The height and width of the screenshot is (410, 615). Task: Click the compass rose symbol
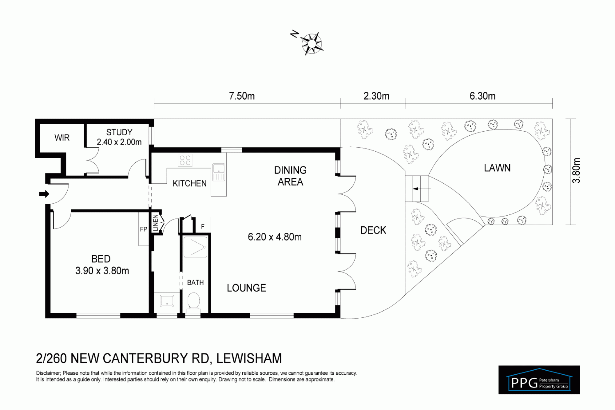(311, 43)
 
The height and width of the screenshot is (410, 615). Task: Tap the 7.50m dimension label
(242, 96)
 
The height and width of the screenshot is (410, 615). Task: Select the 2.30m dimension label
(376, 96)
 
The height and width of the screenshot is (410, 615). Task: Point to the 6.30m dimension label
(482, 96)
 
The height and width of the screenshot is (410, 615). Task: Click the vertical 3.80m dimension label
(576, 171)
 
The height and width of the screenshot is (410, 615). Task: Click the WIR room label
(62, 138)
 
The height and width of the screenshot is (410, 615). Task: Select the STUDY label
(119, 132)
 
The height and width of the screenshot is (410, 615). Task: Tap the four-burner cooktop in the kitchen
(185, 160)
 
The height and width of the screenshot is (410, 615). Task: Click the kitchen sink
(219, 169)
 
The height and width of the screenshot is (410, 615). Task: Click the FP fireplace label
(144, 229)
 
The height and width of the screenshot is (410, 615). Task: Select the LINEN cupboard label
(155, 223)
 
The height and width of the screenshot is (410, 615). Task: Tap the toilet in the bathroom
(193, 301)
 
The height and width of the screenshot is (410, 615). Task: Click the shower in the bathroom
(195, 247)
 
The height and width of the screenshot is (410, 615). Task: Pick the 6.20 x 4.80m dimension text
(275, 237)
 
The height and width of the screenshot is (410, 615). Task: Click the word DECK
(373, 230)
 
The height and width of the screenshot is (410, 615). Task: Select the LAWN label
(497, 168)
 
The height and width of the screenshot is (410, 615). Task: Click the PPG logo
(539, 380)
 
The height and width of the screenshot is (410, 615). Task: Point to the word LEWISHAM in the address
(249, 359)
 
